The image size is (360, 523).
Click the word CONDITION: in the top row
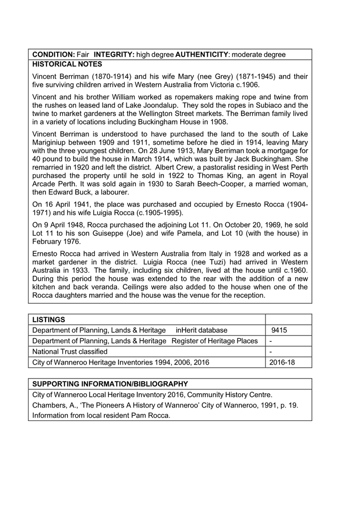pos(54,54)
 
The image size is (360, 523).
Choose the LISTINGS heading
pos(49,320)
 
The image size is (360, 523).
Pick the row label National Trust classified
pos(69,352)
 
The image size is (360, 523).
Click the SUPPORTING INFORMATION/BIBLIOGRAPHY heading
pos(110,384)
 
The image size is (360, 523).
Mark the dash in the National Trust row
pos(270,352)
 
